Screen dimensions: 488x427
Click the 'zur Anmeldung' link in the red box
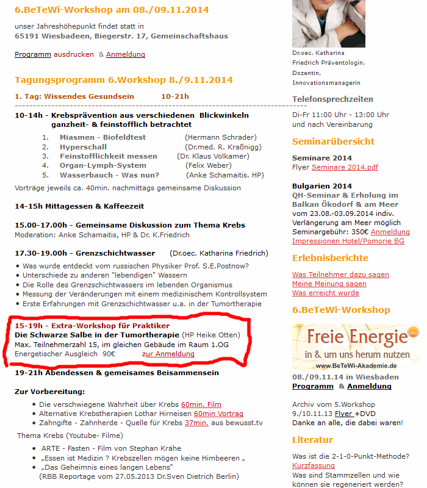pos(168,354)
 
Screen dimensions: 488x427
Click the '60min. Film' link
pos(201,404)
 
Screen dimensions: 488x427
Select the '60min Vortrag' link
pos(218,413)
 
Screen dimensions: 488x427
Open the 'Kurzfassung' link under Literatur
pos(314,465)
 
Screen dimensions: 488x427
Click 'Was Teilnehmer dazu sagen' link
pos(340,274)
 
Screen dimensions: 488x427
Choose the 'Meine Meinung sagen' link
pos(329,284)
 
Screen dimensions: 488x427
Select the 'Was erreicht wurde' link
pos(326,293)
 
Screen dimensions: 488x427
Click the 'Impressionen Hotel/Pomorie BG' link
pos(348,241)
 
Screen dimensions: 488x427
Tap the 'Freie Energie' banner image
pos(356,346)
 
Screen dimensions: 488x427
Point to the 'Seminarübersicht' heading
pos(333,142)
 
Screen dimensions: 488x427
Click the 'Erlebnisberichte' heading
pos(330,258)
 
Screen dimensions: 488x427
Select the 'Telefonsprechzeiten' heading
pos(332,99)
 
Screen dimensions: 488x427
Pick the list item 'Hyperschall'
pos(83,147)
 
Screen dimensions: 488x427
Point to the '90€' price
pos(109,354)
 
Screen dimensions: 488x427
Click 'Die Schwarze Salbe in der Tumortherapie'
pos(98,335)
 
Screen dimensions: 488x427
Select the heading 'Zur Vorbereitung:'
pos(49,391)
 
